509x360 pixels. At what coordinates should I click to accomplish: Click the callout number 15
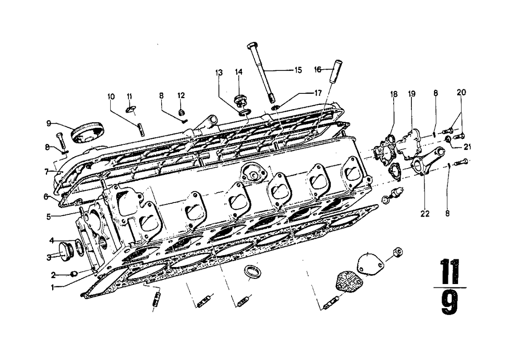pyautogui.click(x=298, y=70)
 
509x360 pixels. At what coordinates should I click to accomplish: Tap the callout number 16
pyautogui.click(x=318, y=69)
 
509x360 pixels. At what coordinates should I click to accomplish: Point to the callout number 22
pyautogui.click(x=425, y=214)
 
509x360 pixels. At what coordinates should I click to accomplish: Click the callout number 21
pyautogui.click(x=467, y=147)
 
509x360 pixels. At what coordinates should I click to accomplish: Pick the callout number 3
pyautogui.click(x=49, y=258)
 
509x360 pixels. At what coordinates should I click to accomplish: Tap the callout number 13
pyautogui.click(x=219, y=73)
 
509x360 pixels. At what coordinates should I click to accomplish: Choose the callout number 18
pyautogui.click(x=394, y=94)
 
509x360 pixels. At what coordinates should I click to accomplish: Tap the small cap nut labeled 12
pyautogui.click(x=181, y=112)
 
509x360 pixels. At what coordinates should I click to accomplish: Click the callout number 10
pyautogui.click(x=111, y=96)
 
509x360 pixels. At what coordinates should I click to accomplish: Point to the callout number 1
pyautogui.click(x=53, y=288)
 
